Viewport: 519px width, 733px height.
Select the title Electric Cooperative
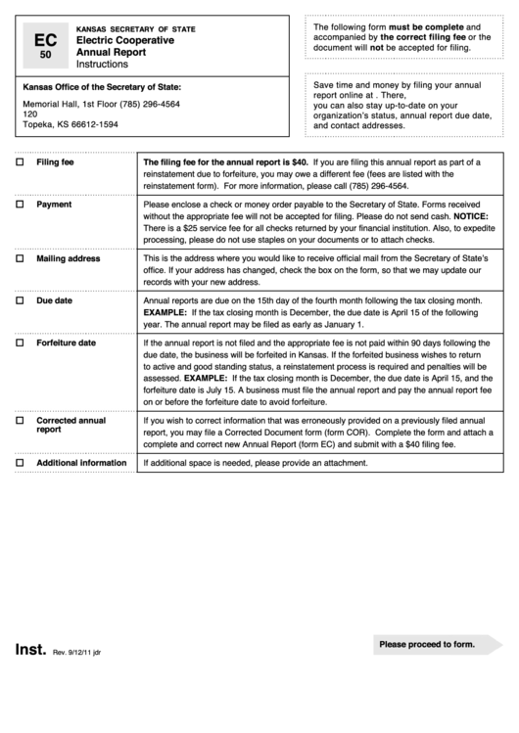[124, 40]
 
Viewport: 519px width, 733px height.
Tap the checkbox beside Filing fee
[20, 162]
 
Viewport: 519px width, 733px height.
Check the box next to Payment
[20, 206]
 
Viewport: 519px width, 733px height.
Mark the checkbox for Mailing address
[20, 259]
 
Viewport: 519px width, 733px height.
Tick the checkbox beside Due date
[20, 301]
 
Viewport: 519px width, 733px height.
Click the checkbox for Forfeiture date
[20, 344]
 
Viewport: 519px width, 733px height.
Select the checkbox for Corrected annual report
[20, 420]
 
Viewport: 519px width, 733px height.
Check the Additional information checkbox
[20, 463]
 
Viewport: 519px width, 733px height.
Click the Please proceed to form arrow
[436, 645]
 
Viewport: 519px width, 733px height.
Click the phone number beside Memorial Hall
[148, 104]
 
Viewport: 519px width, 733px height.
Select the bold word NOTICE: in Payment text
[480, 216]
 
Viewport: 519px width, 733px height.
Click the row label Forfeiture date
[66, 344]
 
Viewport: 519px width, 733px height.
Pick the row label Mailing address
[68, 259]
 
